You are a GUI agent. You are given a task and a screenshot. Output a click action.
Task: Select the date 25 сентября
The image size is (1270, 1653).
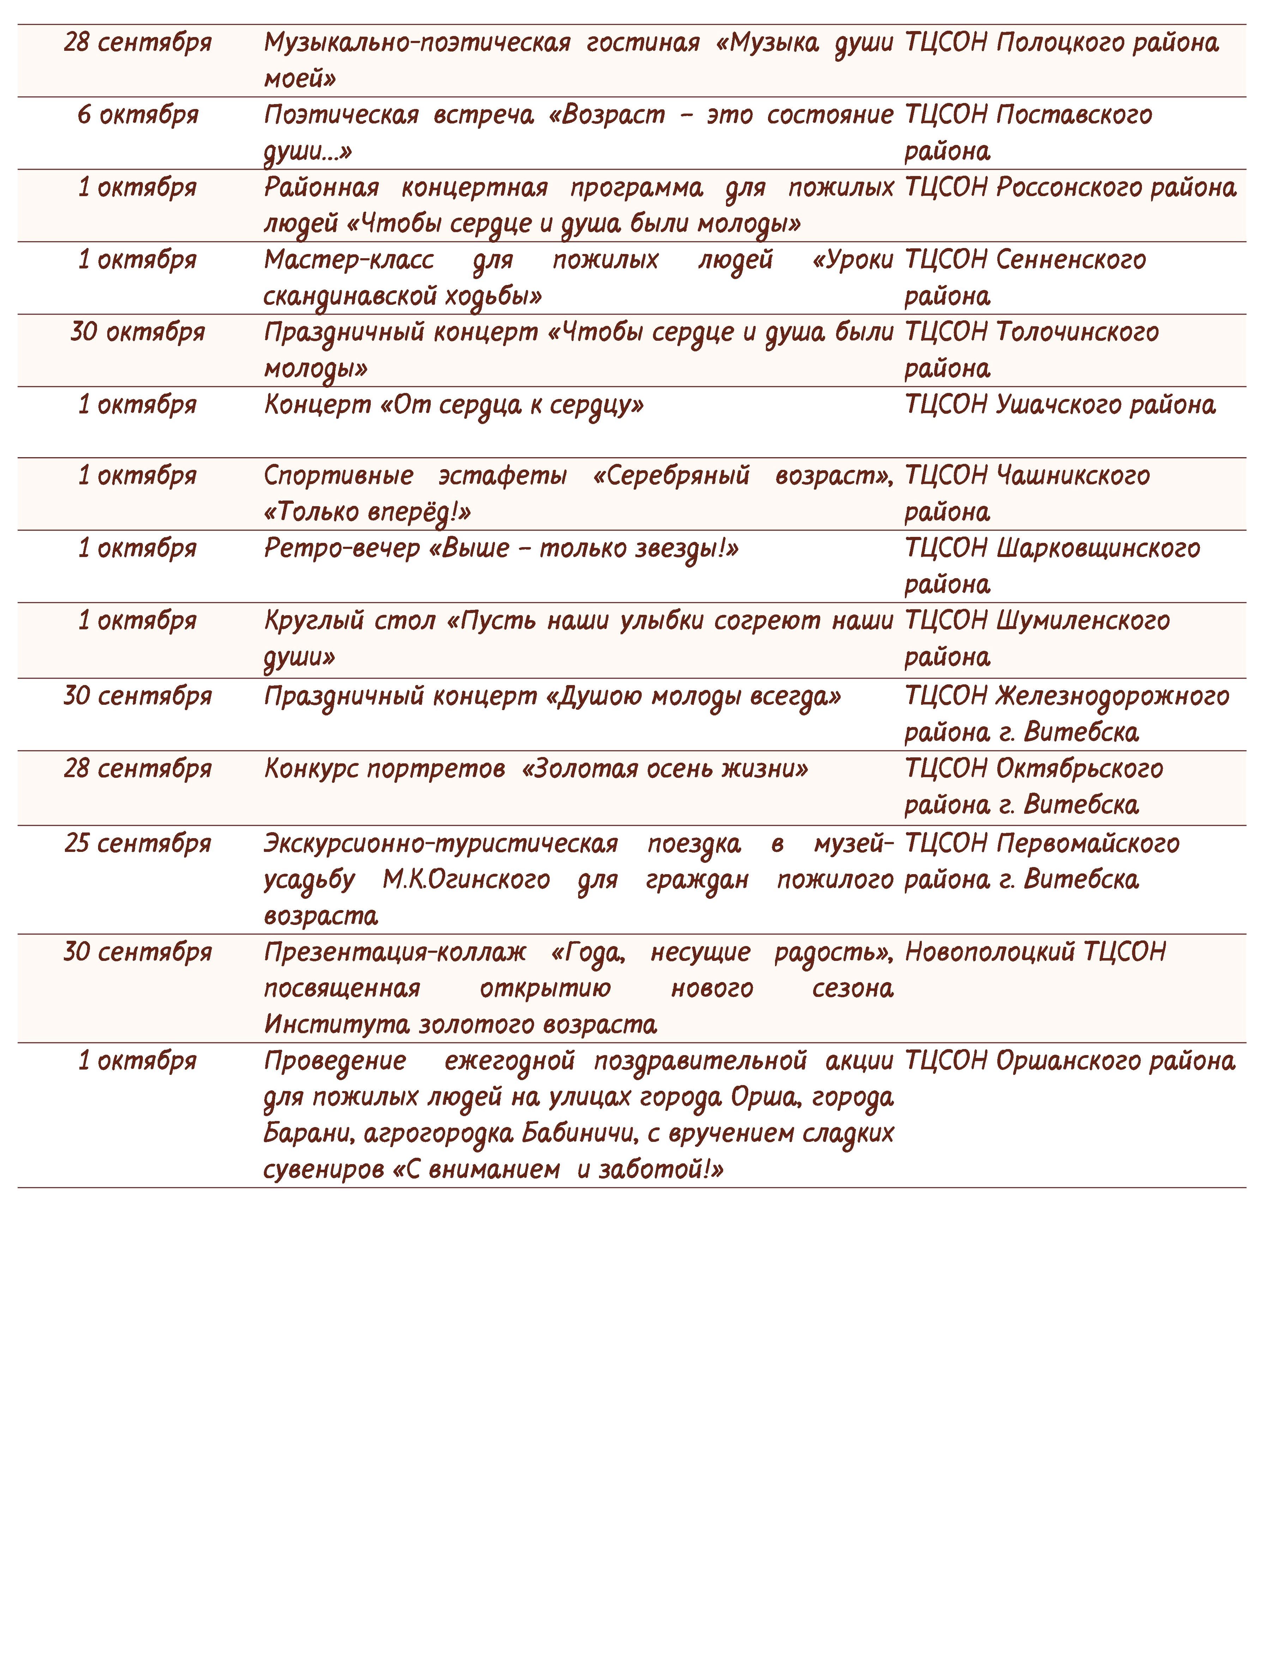pos(138,843)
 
